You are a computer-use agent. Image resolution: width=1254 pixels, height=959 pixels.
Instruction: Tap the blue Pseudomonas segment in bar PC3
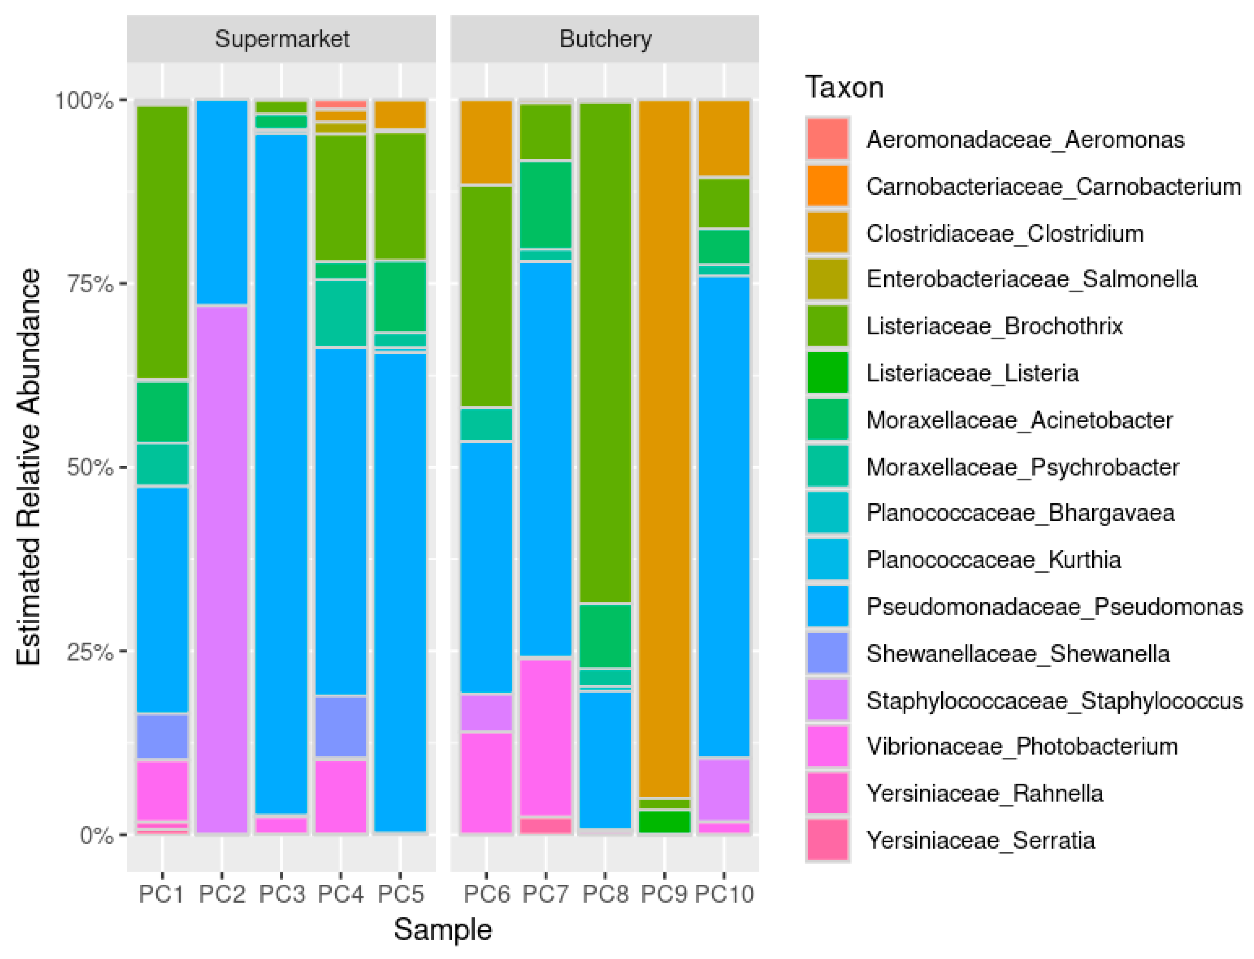coord(281,474)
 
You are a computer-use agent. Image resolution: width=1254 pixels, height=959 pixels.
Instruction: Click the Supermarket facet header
coord(281,39)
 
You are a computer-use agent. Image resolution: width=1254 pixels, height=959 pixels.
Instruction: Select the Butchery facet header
coord(605,39)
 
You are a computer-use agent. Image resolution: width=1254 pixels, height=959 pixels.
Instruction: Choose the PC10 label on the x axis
coord(723,893)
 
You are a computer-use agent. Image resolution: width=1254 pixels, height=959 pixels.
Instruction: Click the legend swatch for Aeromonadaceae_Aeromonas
coord(827,139)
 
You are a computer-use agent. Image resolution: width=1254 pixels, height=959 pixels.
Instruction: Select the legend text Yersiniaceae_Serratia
coord(980,840)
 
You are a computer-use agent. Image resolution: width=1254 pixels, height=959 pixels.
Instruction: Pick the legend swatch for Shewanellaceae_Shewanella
coord(827,653)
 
